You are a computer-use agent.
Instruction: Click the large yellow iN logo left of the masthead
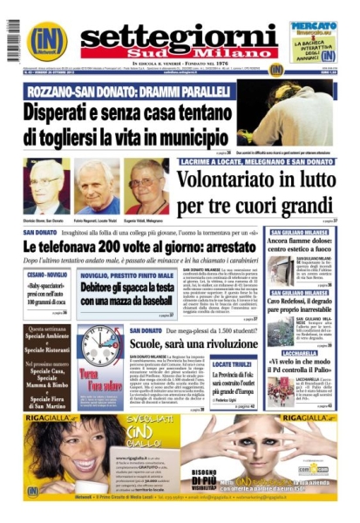click(x=46, y=42)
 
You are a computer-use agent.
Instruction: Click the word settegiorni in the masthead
click(x=179, y=34)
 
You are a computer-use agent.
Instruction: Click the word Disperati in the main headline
click(x=61, y=112)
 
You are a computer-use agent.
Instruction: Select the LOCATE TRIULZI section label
click(x=232, y=364)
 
